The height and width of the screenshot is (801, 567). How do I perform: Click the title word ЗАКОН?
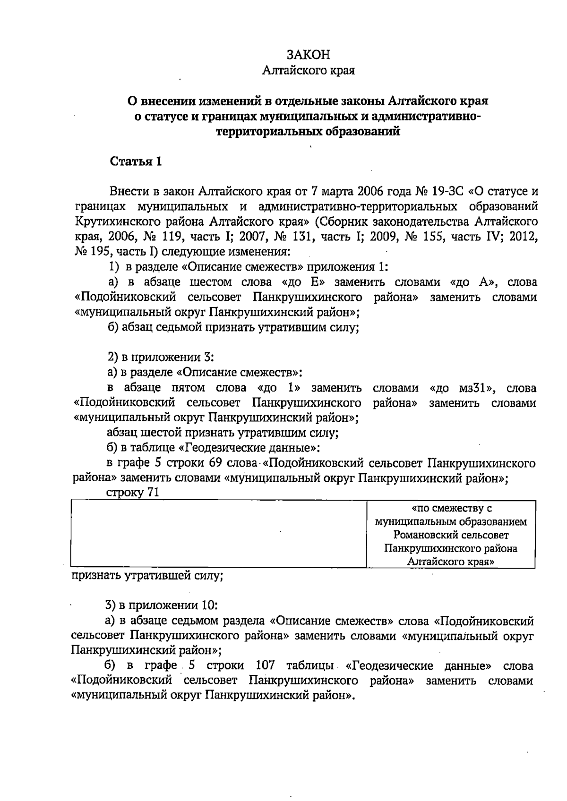point(309,55)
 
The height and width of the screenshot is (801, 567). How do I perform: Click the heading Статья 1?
point(136,162)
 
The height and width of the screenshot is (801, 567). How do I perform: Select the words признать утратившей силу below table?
point(147,576)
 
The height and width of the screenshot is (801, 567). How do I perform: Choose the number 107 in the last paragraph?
point(265,665)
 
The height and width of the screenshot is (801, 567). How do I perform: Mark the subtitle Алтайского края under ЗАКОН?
point(309,71)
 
